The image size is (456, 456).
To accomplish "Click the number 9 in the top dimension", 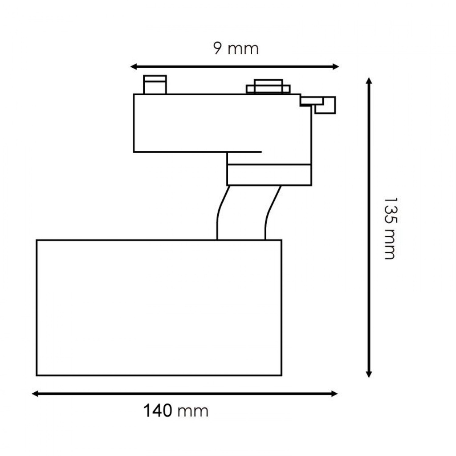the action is [217, 48].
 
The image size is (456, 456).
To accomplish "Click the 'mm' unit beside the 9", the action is [243, 49].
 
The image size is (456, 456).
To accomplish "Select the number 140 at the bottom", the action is [158, 411].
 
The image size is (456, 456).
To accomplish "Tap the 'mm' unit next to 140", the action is [193, 412].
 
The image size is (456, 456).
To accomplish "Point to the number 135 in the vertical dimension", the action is [390, 211].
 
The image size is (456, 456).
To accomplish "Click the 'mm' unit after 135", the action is [389, 244].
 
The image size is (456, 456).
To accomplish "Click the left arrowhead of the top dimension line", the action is [134, 67].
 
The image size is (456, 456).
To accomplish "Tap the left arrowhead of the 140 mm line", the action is [35, 394].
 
